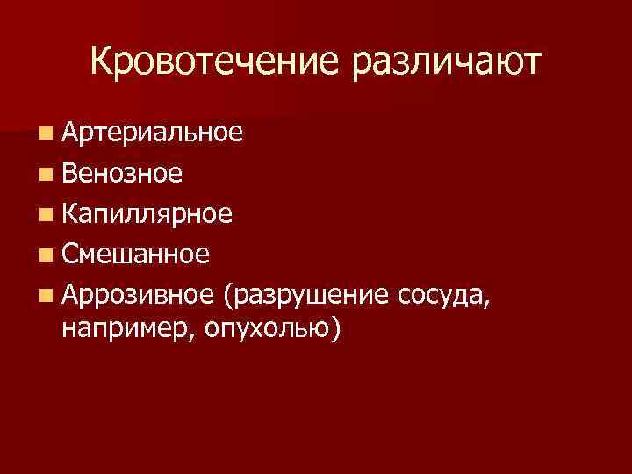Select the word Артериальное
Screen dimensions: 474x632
tap(153, 133)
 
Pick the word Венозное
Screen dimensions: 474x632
tap(123, 173)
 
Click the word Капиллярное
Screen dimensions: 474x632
tap(147, 214)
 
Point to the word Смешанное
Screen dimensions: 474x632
tap(136, 255)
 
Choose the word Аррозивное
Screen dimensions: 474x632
tap(138, 295)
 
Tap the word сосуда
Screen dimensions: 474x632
tap(440, 295)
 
